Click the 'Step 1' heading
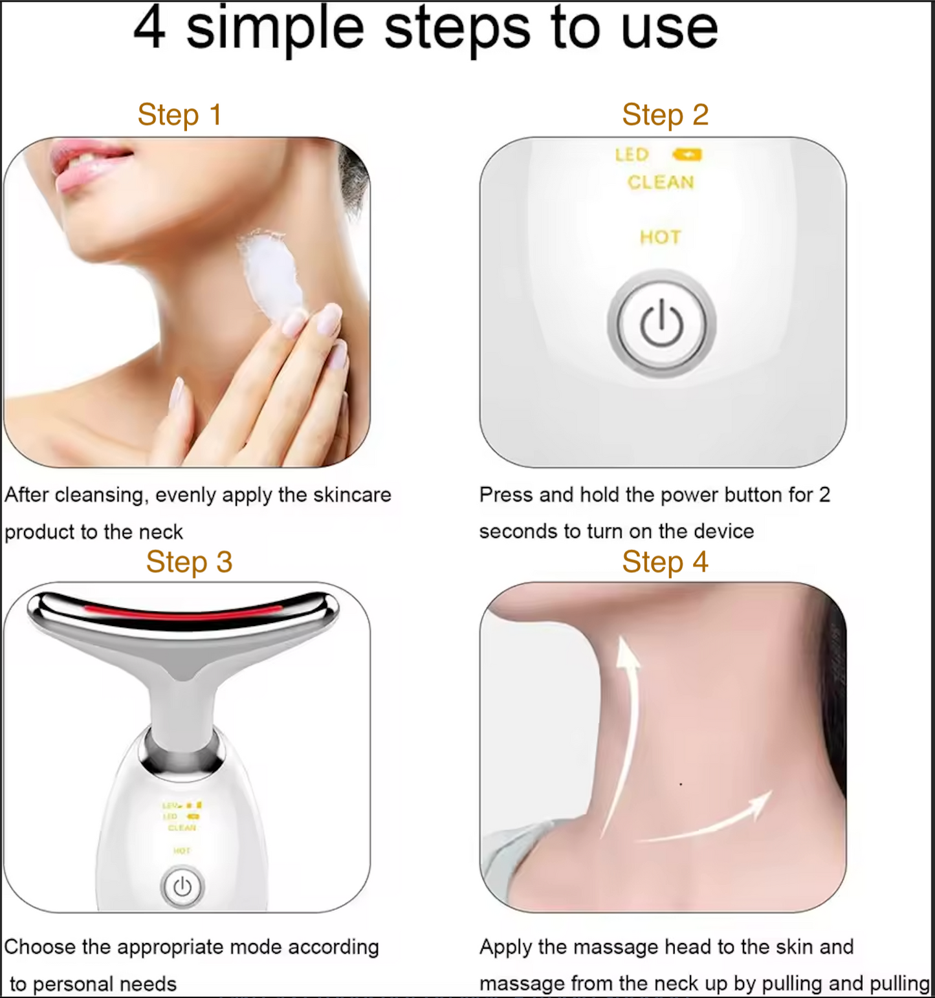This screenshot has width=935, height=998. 179,115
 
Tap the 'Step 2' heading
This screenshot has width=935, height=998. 665,115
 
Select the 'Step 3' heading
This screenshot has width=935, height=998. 188,561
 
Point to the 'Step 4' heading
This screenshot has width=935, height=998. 665,561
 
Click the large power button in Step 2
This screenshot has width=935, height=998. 661,323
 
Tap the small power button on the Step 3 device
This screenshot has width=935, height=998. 182,887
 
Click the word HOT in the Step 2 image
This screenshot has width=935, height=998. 660,237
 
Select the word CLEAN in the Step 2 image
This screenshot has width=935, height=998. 660,182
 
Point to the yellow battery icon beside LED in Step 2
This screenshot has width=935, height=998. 687,155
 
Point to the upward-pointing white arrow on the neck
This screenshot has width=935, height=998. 625,711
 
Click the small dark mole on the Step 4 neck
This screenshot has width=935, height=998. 681,784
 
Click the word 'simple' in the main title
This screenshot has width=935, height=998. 276,29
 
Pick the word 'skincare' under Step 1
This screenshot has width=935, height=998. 352,495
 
